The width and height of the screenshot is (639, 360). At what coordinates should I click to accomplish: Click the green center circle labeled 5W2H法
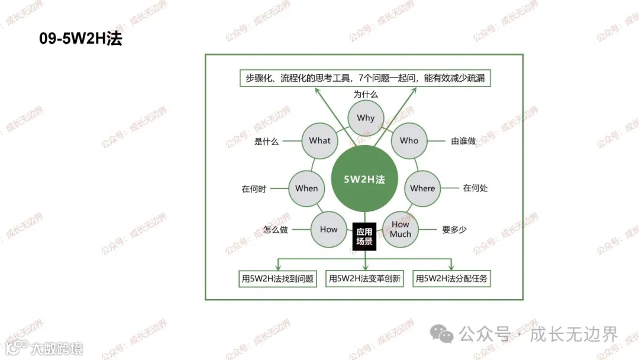pyautogui.click(x=364, y=179)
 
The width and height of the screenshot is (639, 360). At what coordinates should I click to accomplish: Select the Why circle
pyautogui.click(x=366, y=118)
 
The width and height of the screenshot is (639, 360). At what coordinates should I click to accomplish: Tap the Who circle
pyautogui.click(x=409, y=141)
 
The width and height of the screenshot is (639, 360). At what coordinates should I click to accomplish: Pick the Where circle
pyautogui.click(x=422, y=188)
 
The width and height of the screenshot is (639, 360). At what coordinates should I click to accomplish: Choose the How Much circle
pyautogui.click(x=401, y=229)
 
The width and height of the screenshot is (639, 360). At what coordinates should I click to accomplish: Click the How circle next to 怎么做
pyautogui.click(x=328, y=230)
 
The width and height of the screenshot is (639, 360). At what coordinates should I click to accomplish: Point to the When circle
pyautogui.click(x=306, y=188)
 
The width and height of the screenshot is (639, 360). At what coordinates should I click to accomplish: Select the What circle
pyautogui.click(x=319, y=141)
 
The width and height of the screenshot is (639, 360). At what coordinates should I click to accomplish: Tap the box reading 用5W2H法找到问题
pyautogui.click(x=277, y=278)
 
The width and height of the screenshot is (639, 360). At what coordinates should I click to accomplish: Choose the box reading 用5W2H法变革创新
pyautogui.click(x=364, y=278)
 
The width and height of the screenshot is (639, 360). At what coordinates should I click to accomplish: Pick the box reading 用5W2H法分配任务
pyautogui.click(x=451, y=278)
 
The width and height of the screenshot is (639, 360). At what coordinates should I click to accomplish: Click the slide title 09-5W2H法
pyautogui.click(x=80, y=39)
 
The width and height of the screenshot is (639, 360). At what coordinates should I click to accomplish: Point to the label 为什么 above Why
pyautogui.click(x=366, y=94)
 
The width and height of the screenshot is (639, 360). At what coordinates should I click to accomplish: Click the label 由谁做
pyautogui.click(x=463, y=141)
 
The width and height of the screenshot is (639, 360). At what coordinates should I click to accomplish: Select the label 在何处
pyautogui.click(x=475, y=188)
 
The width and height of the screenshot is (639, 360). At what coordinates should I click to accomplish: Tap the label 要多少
pyautogui.click(x=454, y=230)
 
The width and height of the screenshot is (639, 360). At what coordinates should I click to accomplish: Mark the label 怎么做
pyautogui.click(x=276, y=230)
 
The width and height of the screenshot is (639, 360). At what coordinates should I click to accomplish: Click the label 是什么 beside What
pyautogui.click(x=266, y=142)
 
